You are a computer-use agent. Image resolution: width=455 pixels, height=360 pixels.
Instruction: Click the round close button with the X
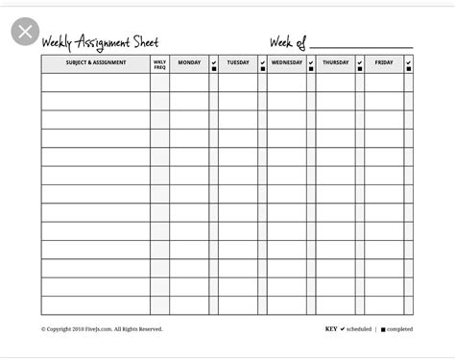[25, 32]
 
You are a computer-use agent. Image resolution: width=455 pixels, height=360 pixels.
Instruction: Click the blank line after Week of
[360, 45]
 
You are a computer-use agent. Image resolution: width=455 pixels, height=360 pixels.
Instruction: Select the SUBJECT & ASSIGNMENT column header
[95, 63]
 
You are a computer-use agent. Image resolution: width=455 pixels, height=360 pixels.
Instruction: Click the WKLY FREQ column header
[159, 64]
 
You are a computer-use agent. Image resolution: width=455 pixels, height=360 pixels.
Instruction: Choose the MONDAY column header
[189, 63]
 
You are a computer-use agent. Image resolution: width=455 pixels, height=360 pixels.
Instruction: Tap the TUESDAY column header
[238, 63]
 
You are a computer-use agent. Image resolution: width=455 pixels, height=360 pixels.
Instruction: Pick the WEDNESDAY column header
[287, 63]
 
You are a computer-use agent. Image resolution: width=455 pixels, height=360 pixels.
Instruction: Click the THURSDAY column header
[335, 63]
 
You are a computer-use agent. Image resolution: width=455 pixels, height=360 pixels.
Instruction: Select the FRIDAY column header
[384, 63]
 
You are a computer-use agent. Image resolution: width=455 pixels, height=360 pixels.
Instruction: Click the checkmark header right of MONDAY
[214, 64]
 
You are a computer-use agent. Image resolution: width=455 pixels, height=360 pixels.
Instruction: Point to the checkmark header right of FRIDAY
[409, 64]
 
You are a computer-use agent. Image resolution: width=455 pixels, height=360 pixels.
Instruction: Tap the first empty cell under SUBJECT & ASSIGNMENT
[95, 83]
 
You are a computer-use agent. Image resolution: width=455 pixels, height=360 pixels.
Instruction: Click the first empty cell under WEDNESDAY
[287, 83]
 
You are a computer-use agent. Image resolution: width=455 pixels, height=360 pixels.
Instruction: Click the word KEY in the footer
[331, 329]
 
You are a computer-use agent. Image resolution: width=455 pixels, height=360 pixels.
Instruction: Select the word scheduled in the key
[359, 329]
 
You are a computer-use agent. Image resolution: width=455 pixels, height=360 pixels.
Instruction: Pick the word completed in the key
[399, 329]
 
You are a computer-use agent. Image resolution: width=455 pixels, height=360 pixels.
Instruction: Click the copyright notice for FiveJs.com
[102, 329]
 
